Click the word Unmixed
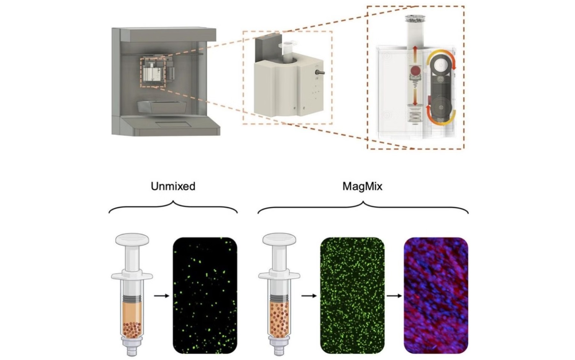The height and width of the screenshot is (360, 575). [x=173, y=186]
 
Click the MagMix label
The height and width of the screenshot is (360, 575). [x=362, y=186]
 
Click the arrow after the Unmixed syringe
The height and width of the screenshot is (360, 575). [x=161, y=296]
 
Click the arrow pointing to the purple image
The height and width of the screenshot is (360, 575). [x=394, y=296]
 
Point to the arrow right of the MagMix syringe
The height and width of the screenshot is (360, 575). [x=309, y=296]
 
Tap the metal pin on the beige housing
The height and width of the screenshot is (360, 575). [x=320, y=73]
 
